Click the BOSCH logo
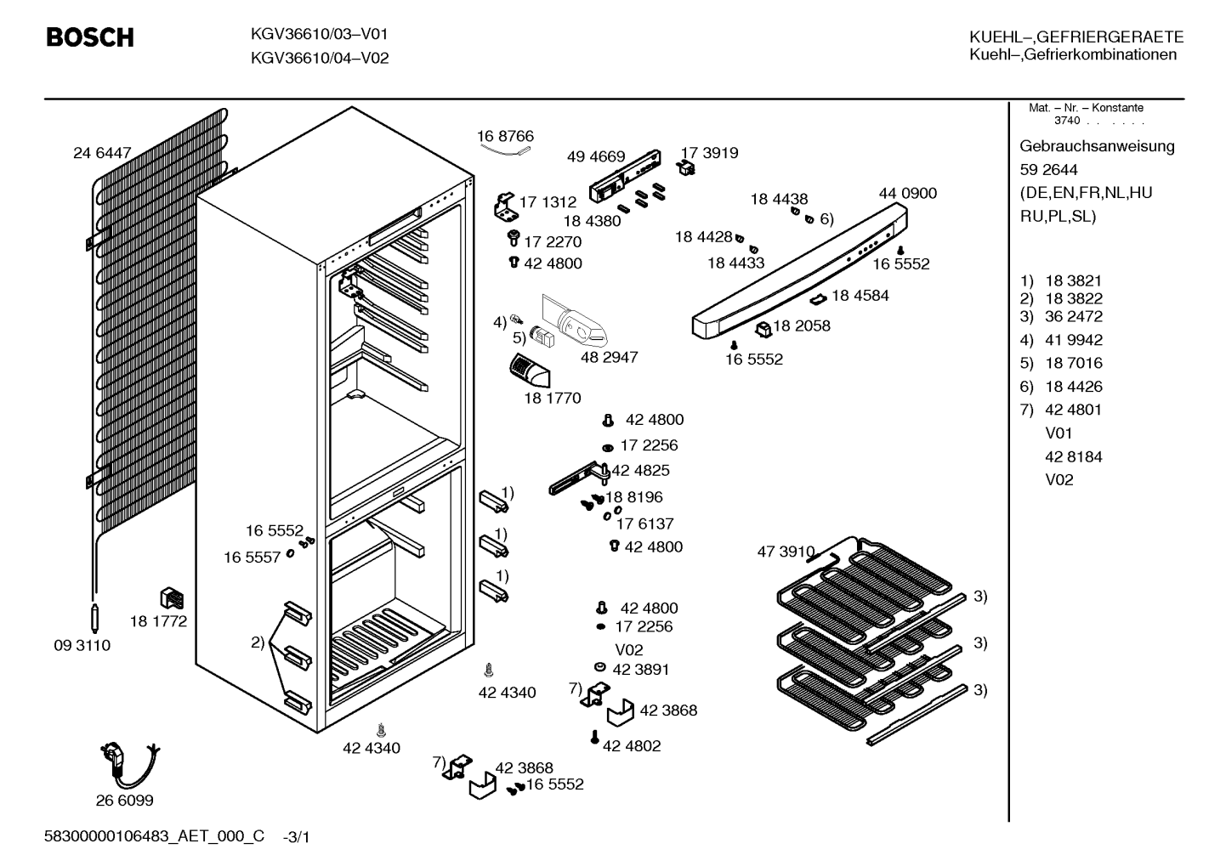click(x=90, y=37)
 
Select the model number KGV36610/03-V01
click(x=320, y=34)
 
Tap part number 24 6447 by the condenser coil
click(x=102, y=153)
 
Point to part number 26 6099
click(x=125, y=801)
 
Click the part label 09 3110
click(x=82, y=645)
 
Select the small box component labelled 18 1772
click(x=171, y=598)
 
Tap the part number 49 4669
click(x=596, y=156)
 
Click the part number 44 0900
click(x=908, y=193)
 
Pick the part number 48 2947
click(x=609, y=357)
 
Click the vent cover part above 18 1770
click(x=530, y=371)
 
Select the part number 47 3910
click(x=786, y=552)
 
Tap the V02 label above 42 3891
click(x=629, y=650)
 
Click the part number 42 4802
click(x=632, y=745)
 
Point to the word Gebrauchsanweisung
click(x=1098, y=147)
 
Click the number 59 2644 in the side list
click(x=1048, y=170)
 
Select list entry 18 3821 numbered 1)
click(x=1061, y=280)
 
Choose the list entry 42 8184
click(x=1074, y=457)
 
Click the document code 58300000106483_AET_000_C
click(x=155, y=836)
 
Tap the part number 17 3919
click(x=709, y=153)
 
